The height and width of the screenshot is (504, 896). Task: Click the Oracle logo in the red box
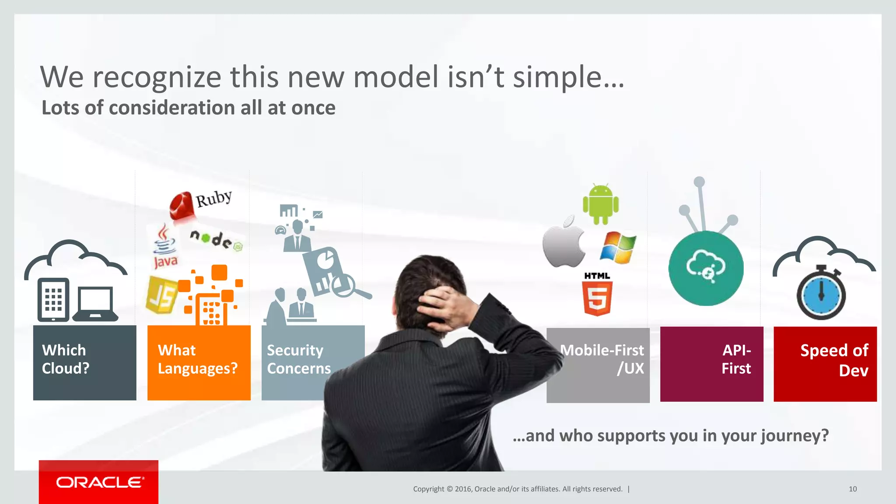(x=99, y=482)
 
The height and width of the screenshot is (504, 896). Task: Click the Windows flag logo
(x=618, y=248)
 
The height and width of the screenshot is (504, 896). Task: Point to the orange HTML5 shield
(x=597, y=298)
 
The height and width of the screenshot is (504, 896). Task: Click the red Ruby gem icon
(x=182, y=205)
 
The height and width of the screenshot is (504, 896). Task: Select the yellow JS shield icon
(x=161, y=295)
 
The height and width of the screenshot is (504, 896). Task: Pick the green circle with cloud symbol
(x=706, y=268)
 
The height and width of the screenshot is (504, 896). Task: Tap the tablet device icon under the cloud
(x=53, y=299)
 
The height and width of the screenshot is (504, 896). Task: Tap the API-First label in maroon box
(x=736, y=359)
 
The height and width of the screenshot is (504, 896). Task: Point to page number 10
(x=852, y=489)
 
